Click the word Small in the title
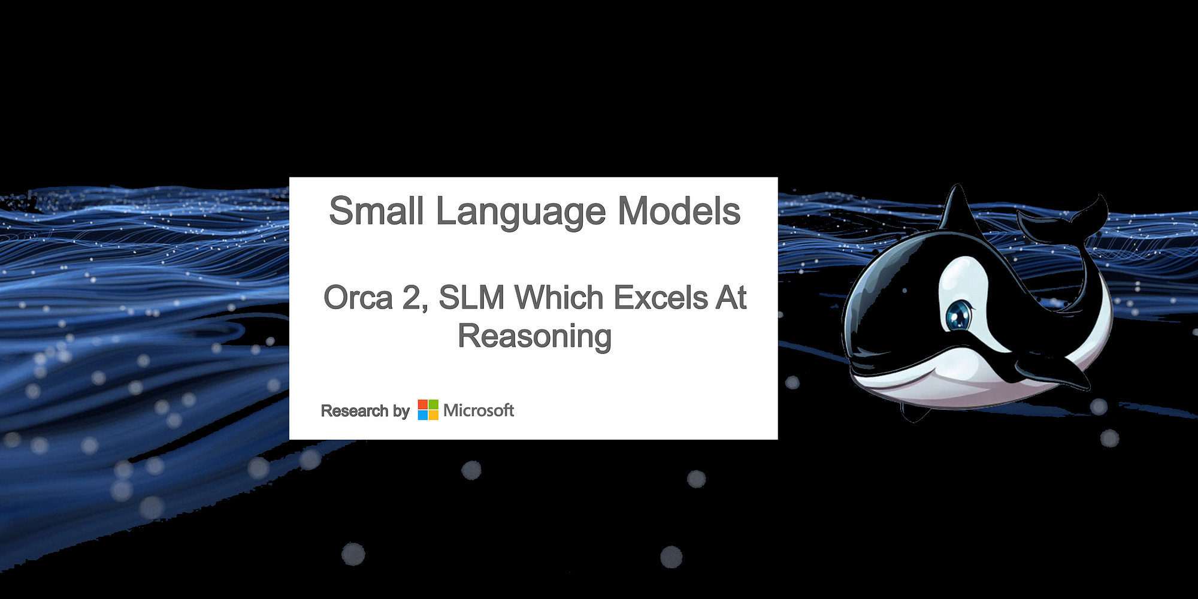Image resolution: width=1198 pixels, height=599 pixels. (x=376, y=211)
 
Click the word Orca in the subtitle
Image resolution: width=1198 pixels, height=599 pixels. (x=358, y=298)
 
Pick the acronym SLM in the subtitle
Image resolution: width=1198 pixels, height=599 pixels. (x=471, y=298)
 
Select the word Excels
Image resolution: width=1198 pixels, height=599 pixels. (x=661, y=298)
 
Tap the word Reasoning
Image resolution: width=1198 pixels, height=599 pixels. (x=534, y=336)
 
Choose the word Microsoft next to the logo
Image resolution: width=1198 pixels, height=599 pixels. (x=479, y=410)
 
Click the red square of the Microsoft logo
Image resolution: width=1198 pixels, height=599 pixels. (x=423, y=405)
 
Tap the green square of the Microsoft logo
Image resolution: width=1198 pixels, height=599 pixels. (x=433, y=405)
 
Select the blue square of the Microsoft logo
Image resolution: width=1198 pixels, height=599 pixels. (x=423, y=415)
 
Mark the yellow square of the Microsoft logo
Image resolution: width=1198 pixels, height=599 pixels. (x=433, y=415)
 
